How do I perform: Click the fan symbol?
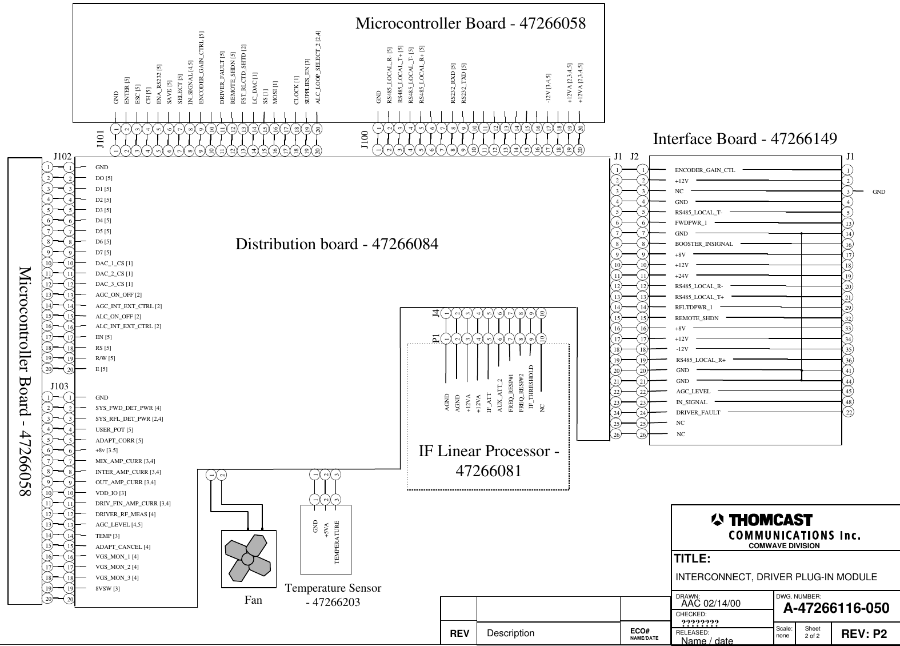pos(248,559)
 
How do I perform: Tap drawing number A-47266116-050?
pos(836,608)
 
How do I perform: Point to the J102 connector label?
pos(62,155)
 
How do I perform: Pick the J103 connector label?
pos(59,386)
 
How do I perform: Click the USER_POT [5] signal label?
pos(114,430)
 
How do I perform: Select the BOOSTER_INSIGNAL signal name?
pos(703,244)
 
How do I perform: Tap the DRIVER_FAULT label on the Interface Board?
pos(698,413)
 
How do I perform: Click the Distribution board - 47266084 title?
pos(337,245)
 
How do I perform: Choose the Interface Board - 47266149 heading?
pos(745,139)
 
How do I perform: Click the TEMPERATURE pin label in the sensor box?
pos(337,543)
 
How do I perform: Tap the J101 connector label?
pos(100,139)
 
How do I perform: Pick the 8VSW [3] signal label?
pos(107,588)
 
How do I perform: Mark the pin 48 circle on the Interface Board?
pos(849,402)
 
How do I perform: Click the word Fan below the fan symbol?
pos(253,600)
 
